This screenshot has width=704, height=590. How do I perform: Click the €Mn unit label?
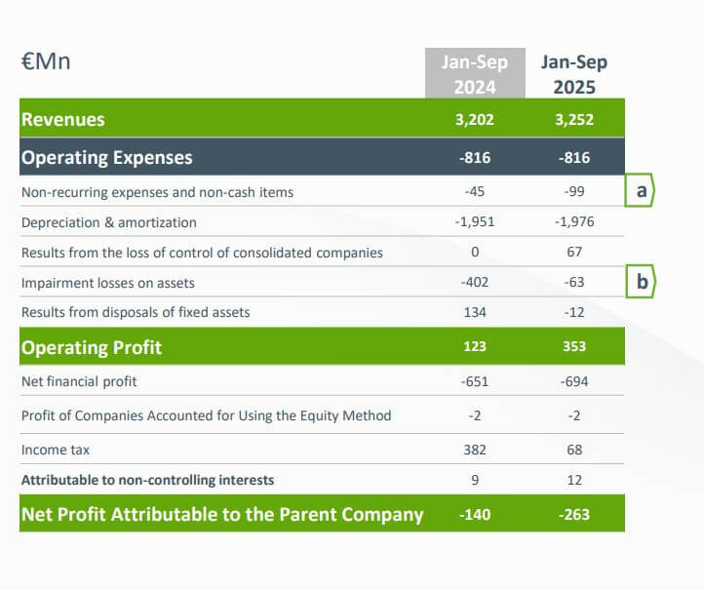[46, 62]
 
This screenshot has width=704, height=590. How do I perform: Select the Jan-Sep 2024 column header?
[475, 74]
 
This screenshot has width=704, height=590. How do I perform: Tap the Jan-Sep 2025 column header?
[574, 74]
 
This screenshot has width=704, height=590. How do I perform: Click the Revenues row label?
[63, 120]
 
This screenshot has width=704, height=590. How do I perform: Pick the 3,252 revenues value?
[574, 121]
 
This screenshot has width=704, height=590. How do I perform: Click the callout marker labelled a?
[641, 191]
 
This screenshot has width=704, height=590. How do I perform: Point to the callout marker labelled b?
[641, 283]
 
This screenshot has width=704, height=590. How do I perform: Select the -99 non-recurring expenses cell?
[574, 192]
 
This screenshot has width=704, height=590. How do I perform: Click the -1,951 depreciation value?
[475, 222]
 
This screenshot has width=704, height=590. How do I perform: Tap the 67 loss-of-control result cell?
[574, 253]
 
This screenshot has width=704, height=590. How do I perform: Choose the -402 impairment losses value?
[475, 283]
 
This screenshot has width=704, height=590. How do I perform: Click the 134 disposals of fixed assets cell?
[475, 312]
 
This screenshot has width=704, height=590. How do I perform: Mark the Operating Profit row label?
[92, 347]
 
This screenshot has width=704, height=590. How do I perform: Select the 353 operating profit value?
[574, 347]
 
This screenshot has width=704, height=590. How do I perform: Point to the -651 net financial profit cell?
[475, 381]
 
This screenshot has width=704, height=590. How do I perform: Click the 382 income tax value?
[475, 450]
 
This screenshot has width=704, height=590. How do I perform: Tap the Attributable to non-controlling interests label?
[147, 480]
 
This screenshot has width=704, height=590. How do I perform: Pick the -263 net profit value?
[574, 514]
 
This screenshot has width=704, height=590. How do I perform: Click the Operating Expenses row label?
[107, 157]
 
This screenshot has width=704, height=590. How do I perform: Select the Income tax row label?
[54, 450]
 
